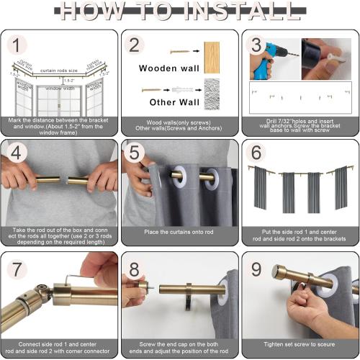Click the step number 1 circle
coord(16,45)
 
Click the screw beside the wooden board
coord(179,51)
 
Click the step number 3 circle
coord(255,45)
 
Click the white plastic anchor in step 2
coord(180,90)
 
